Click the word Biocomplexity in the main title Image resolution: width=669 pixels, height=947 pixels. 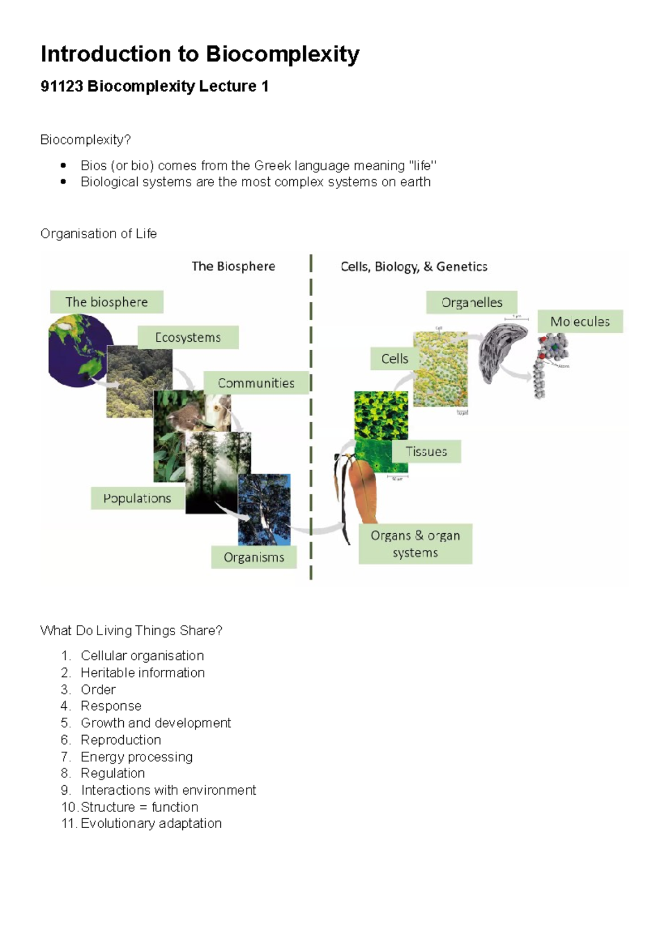282,55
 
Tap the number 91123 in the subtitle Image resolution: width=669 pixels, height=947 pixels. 61,86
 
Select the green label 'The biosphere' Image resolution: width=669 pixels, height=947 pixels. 106,302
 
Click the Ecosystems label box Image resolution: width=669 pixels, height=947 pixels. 188,337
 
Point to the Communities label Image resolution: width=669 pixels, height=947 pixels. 256,383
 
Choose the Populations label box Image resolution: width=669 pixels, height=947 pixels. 137,498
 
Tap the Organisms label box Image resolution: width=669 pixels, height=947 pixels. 254,557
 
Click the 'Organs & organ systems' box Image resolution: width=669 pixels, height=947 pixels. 415,544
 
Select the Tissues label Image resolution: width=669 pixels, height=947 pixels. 426,451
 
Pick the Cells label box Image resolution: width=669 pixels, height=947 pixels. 394,359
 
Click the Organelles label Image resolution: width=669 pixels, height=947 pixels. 472,302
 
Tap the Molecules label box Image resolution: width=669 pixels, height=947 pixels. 580,321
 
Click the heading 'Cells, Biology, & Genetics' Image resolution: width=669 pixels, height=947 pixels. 414,267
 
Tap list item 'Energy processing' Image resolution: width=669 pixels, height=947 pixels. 137,757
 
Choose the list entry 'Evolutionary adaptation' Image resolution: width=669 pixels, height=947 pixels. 151,823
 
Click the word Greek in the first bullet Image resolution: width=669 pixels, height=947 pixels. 272,166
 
